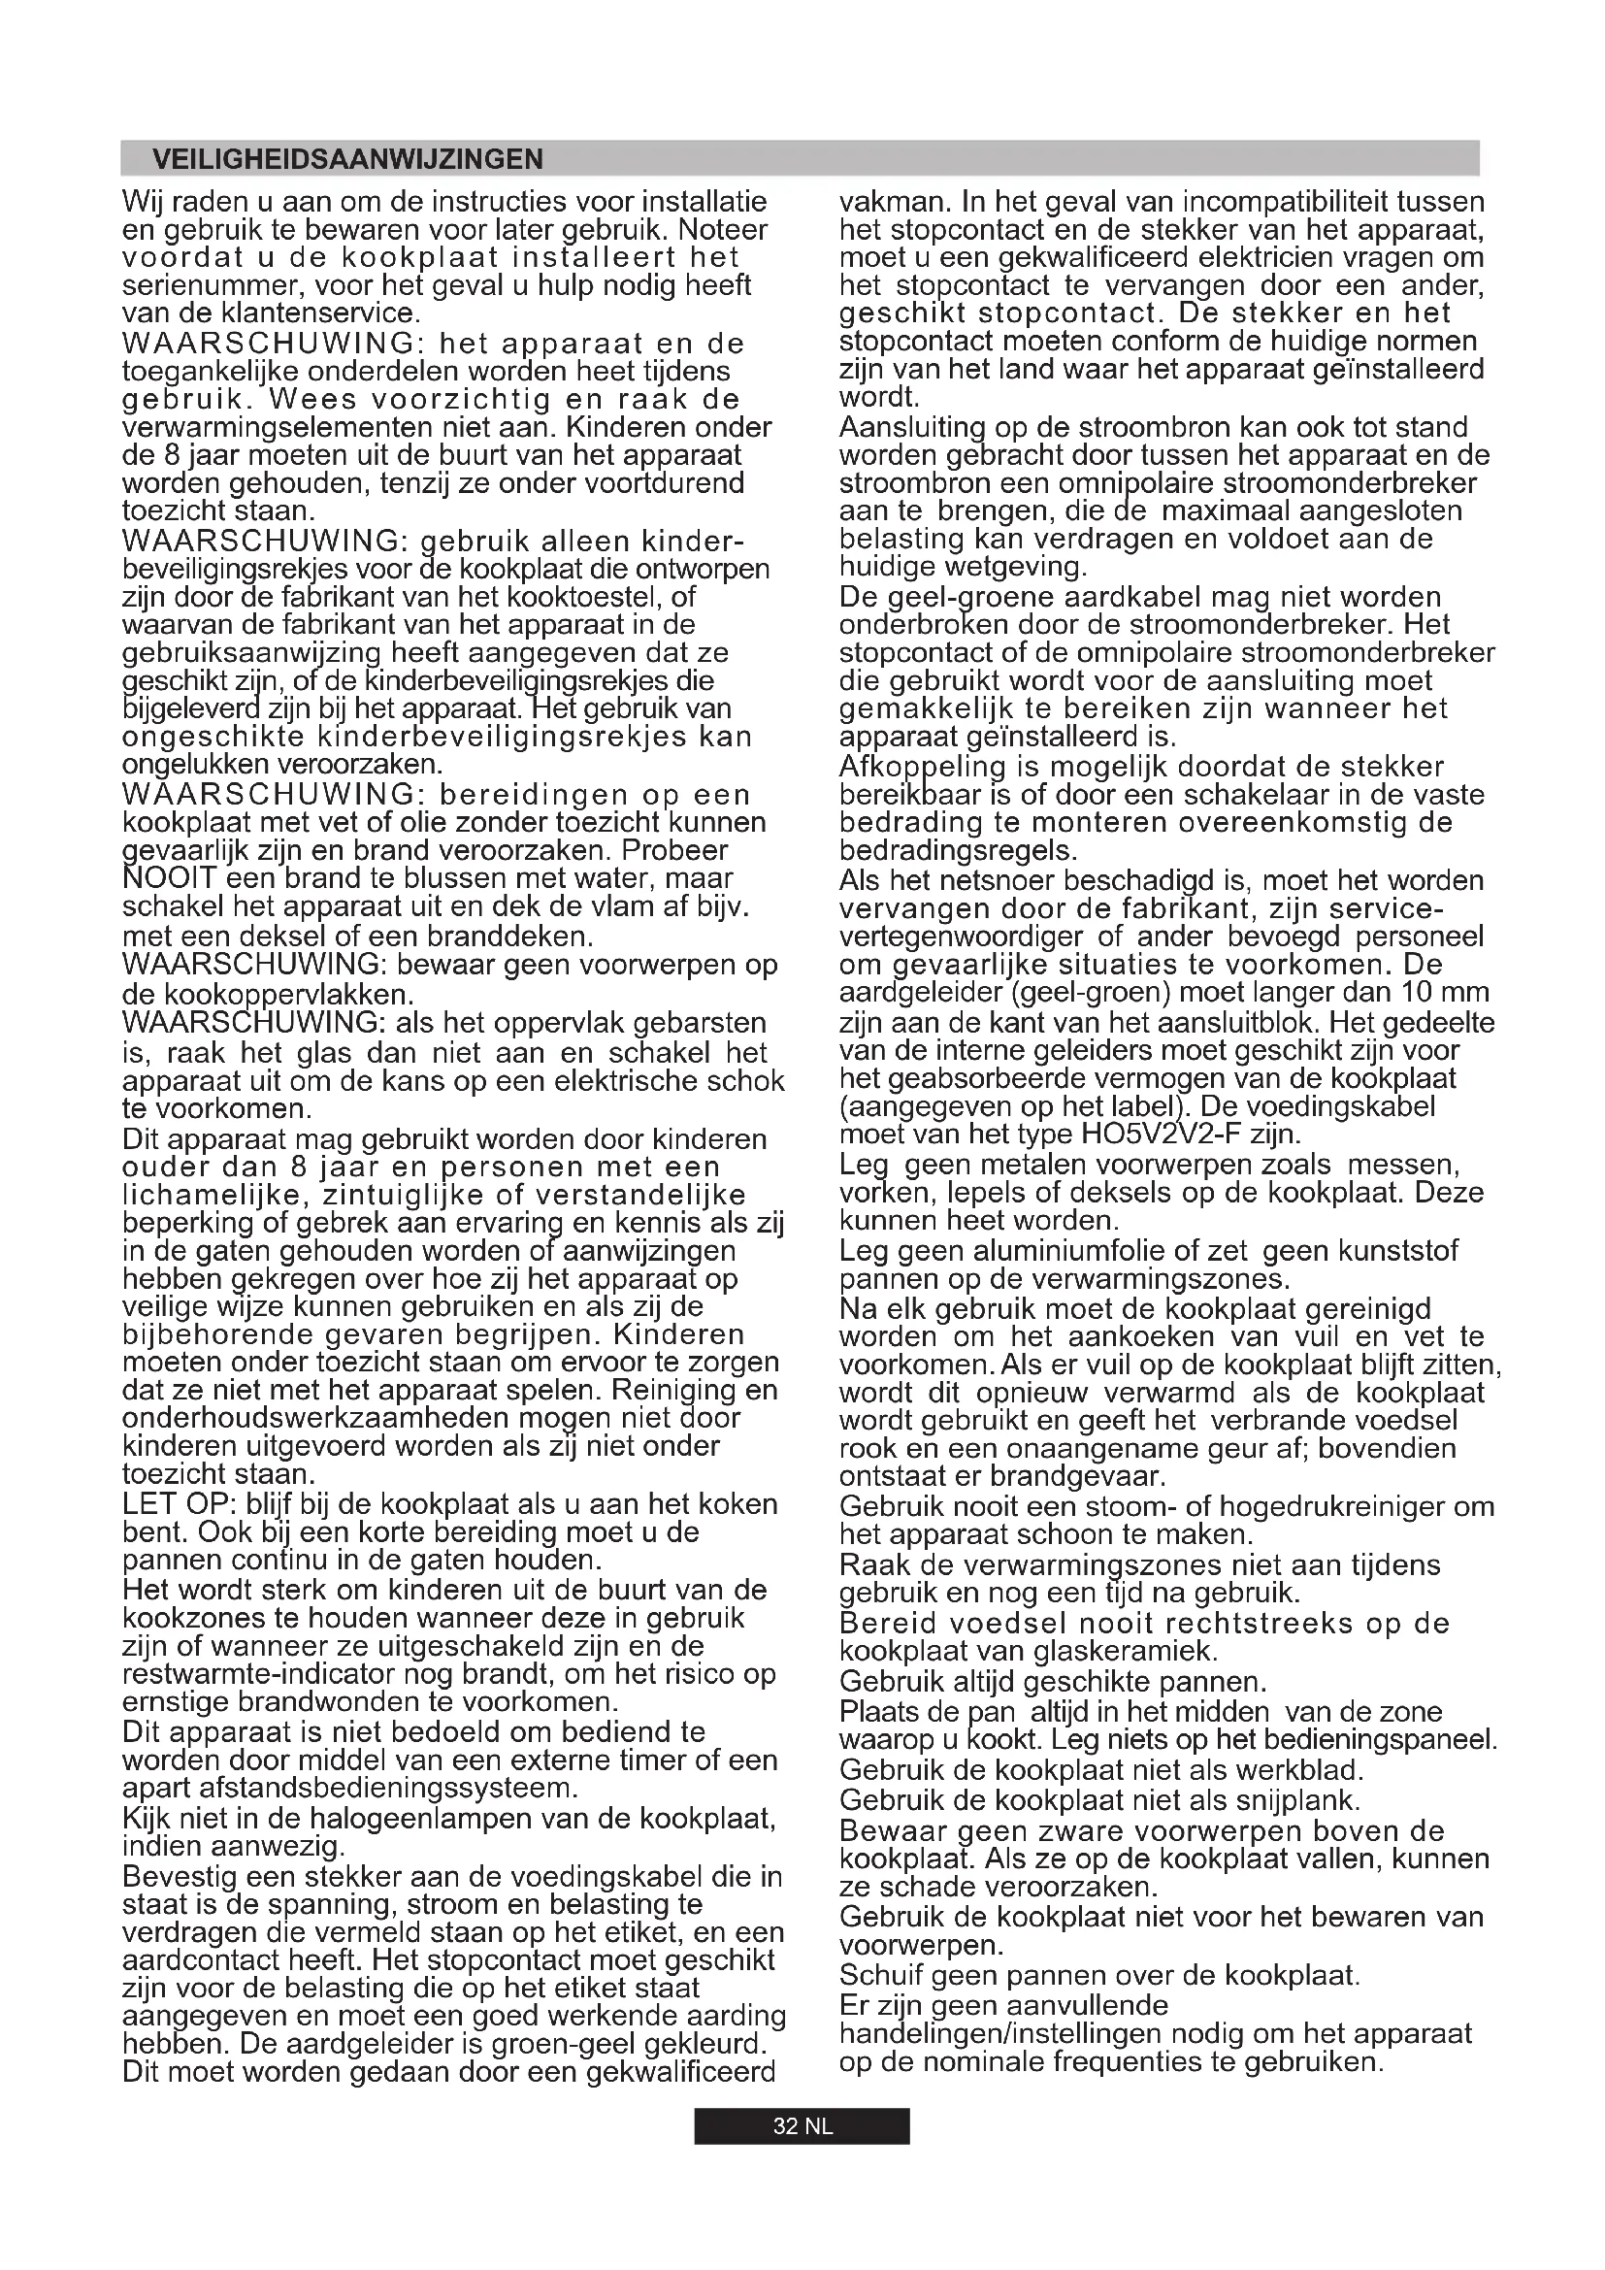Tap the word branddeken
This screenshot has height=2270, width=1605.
point(522,936)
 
